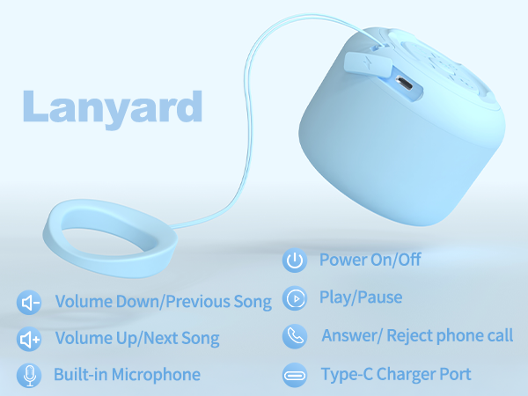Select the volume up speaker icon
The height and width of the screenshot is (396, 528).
pos(30,339)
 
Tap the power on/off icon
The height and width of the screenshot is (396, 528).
pos(294,260)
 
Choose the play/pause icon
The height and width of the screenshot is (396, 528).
pos(294,298)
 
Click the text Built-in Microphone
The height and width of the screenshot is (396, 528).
pos(127,375)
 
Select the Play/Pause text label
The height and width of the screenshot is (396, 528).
pos(361,297)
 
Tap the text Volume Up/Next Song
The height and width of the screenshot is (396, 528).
pos(137,338)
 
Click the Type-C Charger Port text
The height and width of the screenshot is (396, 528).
pos(396,374)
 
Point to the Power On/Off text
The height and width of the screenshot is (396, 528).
pos(370,260)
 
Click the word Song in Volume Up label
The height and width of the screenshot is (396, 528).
pos(199,338)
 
